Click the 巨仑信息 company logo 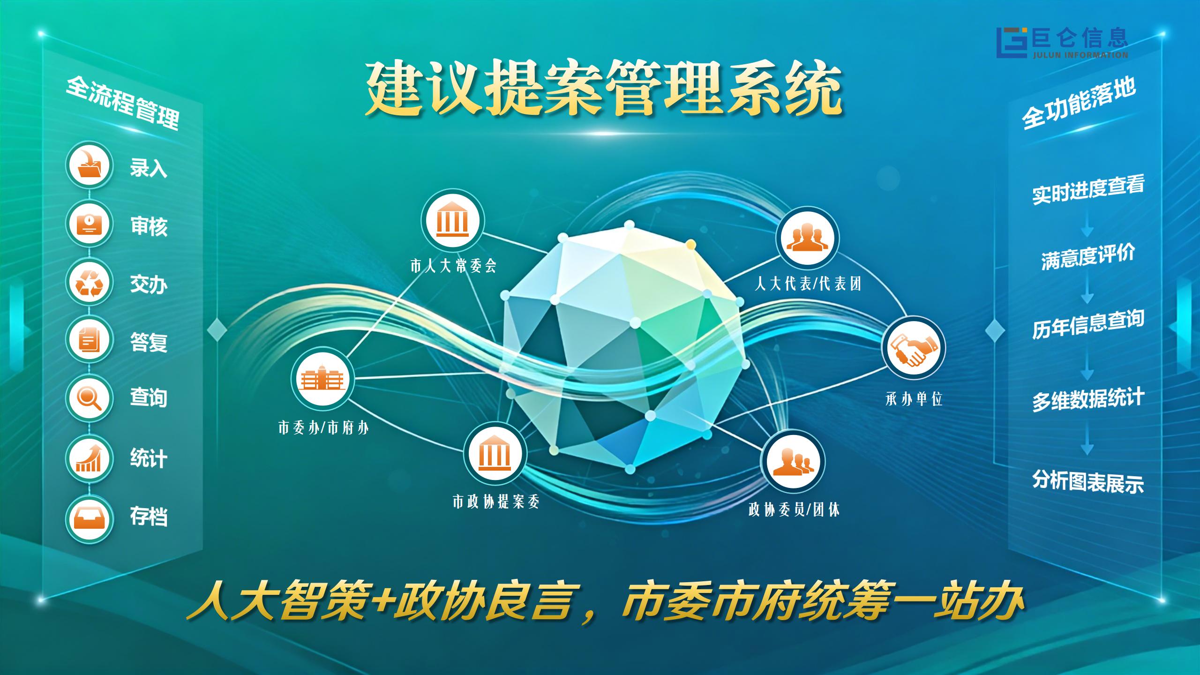tap(1062, 43)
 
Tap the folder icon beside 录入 tap(89, 165)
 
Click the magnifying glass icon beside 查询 tap(89, 398)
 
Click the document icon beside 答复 tap(89, 339)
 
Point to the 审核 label tap(149, 227)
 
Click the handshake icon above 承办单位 tap(914, 348)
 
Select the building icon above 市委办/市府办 tap(322, 379)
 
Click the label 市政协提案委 tap(496, 502)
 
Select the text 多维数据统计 tap(1088, 400)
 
